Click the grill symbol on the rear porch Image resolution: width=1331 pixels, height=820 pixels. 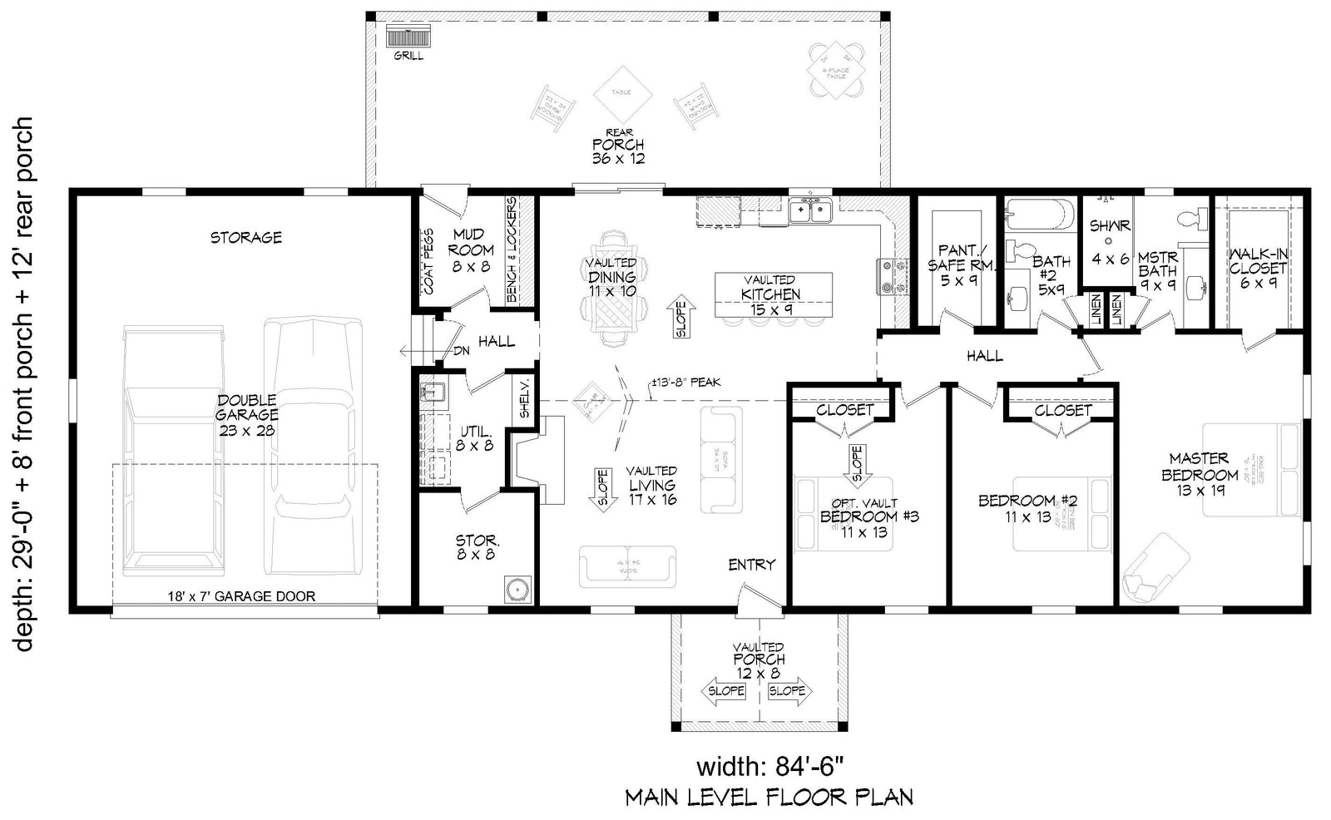coord(408,37)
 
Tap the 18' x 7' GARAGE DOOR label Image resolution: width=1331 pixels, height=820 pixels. coord(241,595)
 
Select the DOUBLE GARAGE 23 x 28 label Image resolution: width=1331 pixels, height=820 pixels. coord(246,415)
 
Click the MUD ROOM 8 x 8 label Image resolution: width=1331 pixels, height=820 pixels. coord(472,250)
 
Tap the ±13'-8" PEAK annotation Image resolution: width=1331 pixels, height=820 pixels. coord(685,383)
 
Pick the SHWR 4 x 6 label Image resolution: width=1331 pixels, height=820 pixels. coord(1110,242)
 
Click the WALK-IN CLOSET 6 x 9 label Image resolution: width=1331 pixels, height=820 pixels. coord(1258,268)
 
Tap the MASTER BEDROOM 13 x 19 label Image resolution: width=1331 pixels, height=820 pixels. coord(1199,474)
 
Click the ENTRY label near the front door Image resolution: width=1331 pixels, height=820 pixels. coord(751,565)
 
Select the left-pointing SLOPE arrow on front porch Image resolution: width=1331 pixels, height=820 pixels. coord(725,691)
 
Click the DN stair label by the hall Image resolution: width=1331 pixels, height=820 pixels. coord(461,351)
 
